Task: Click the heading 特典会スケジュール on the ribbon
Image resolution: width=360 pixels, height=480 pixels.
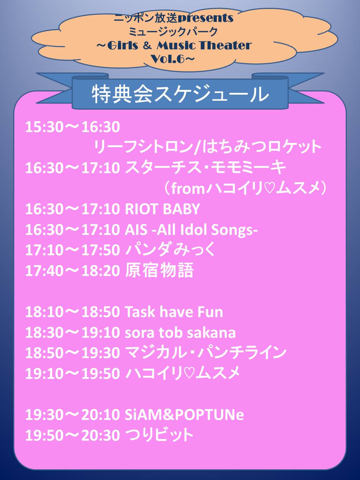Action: click(180, 95)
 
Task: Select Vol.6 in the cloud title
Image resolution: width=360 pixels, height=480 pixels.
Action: click(170, 59)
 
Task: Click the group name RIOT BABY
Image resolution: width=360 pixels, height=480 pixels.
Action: click(162, 209)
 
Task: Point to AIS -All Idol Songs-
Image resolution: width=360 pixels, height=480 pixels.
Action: click(191, 230)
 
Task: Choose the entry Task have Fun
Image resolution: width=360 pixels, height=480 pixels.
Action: click(174, 312)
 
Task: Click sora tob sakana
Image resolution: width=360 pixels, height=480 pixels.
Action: click(180, 332)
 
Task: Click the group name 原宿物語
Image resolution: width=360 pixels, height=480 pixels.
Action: click(159, 270)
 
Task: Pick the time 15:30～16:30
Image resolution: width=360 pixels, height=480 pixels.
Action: click(72, 127)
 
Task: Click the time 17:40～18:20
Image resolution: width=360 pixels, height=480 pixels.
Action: click(72, 271)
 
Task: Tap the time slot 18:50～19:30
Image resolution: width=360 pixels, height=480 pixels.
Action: click(72, 353)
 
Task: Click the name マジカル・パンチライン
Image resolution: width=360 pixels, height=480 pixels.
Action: click(206, 353)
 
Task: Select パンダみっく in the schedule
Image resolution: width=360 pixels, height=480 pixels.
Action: click(170, 250)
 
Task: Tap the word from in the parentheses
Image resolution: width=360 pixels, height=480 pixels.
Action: click(188, 189)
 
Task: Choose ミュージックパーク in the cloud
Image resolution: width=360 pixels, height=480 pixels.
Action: click(173, 31)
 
